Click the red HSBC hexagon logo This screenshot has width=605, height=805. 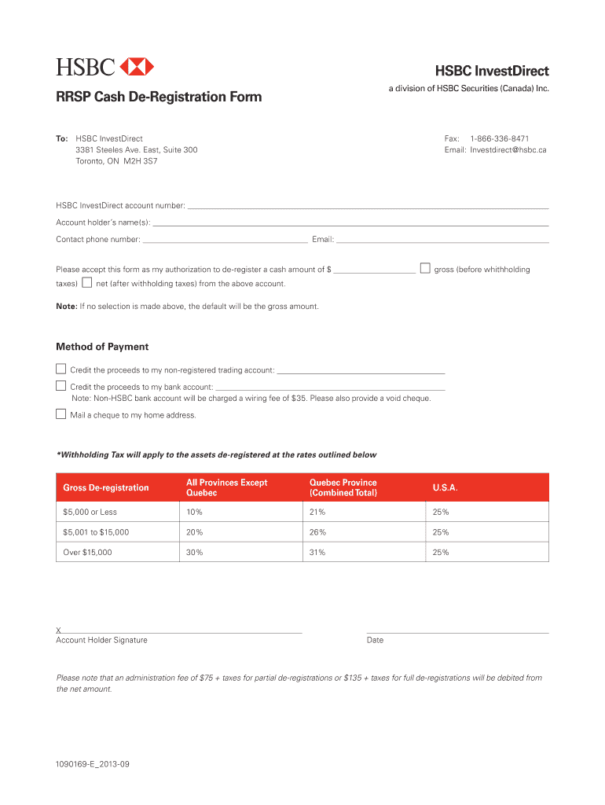click(138, 66)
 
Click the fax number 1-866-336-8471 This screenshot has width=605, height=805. click(499, 138)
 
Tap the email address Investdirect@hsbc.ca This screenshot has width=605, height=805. click(508, 149)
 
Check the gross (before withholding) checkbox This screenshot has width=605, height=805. click(425, 268)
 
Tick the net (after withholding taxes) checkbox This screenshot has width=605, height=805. click(87, 282)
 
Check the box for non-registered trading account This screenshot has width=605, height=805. click(60, 368)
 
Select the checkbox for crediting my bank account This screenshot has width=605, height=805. click(60, 385)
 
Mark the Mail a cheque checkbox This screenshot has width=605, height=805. click(60, 414)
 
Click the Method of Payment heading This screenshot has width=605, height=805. click(102, 347)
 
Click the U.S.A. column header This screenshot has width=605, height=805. click(445, 488)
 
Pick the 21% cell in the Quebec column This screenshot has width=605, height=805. click(317, 513)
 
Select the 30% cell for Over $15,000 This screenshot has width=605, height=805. click(194, 553)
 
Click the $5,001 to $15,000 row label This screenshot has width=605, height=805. click(96, 532)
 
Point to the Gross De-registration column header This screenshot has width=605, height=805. click(105, 488)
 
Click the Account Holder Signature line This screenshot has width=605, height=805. click(181, 630)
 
